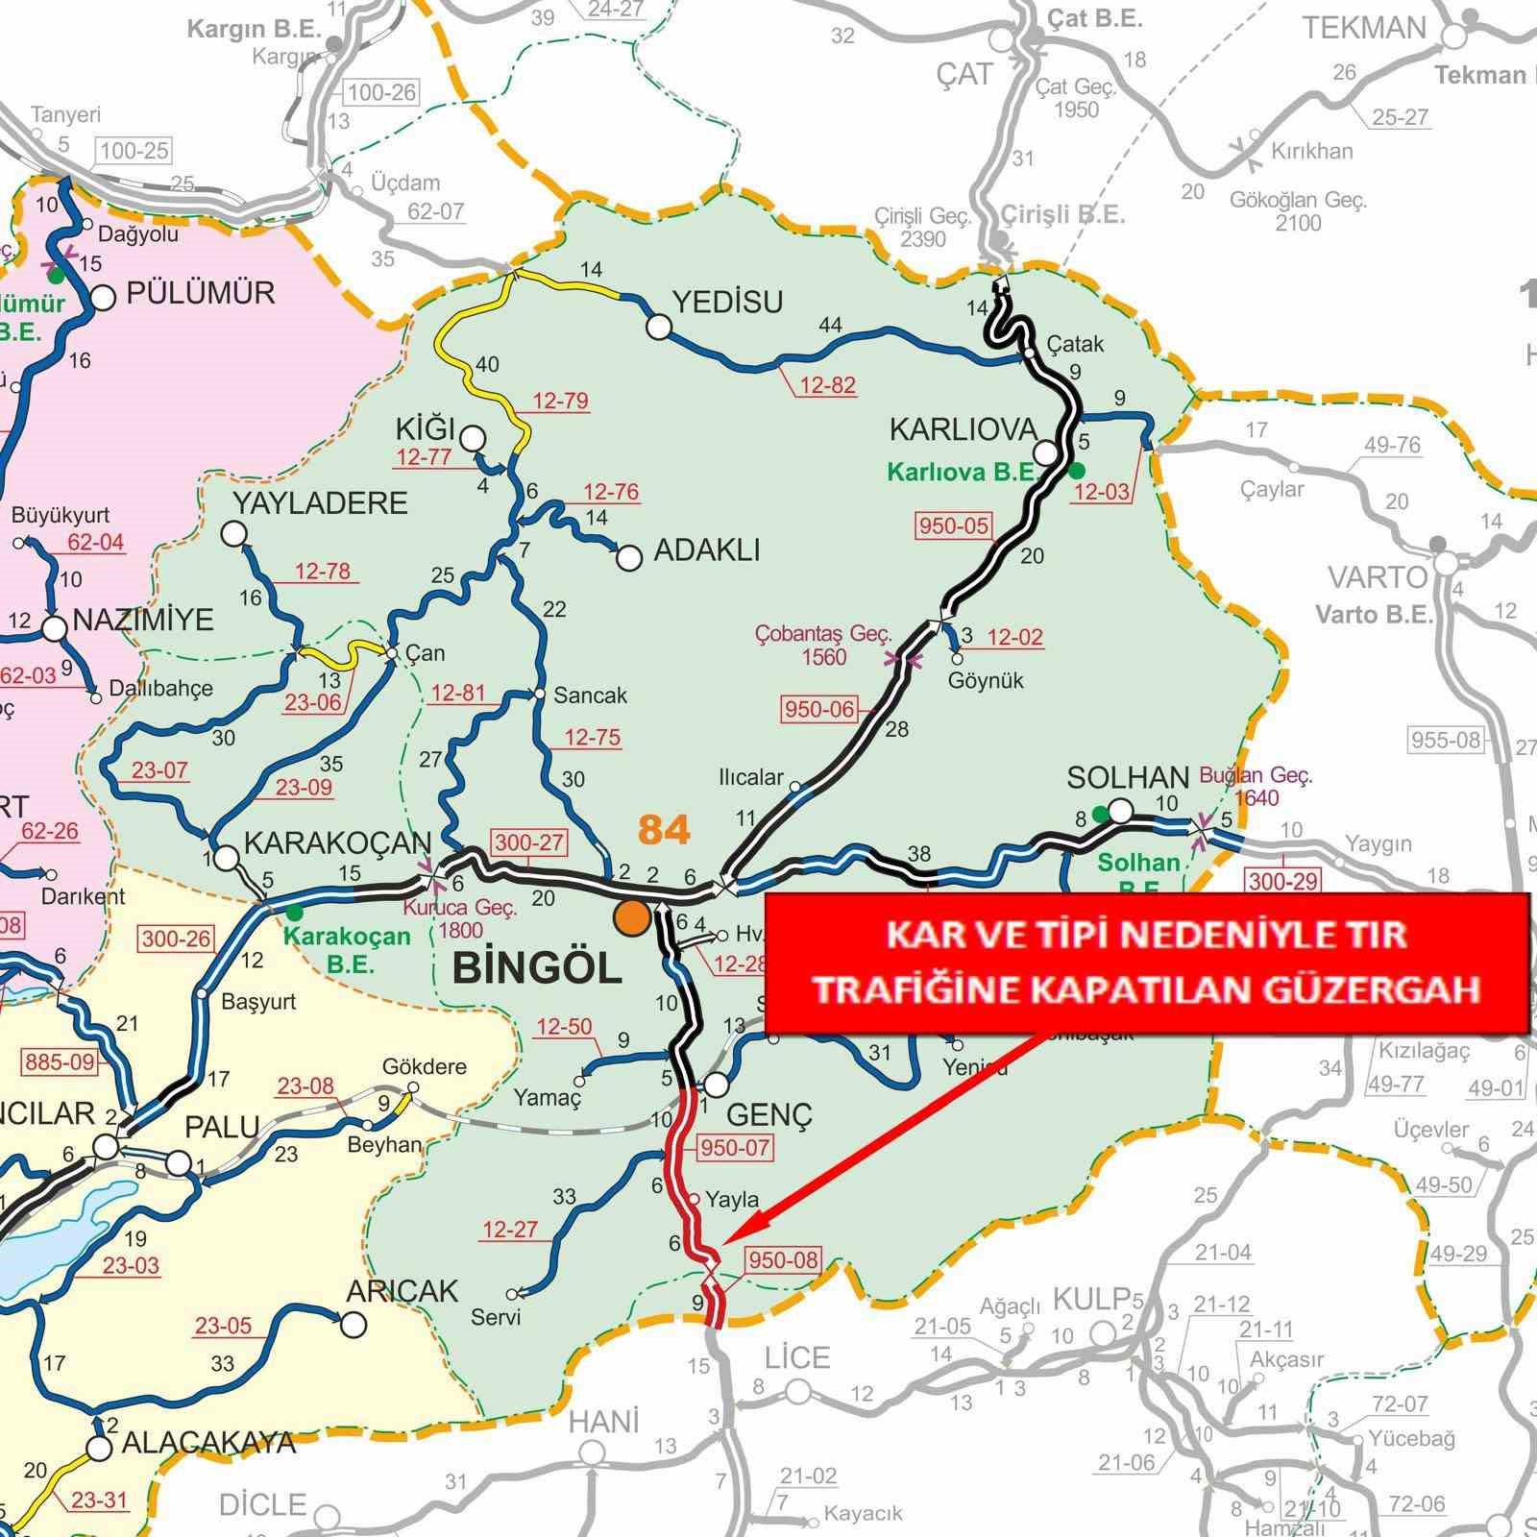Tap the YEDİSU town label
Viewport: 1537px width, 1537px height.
(727, 302)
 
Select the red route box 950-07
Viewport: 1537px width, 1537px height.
(736, 1147)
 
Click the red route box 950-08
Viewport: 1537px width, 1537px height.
(782, 1259)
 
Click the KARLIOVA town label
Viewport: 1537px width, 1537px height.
(964, 428)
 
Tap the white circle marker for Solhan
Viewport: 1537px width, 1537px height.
(1120, 811)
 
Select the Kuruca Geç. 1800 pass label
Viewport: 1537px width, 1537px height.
(461, 918)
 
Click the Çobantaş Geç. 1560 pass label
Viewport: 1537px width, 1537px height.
(823, 646)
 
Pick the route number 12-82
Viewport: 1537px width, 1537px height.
(827, 385)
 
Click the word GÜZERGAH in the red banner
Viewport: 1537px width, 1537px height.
(1372, 988)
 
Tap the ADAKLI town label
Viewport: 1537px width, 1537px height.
(706, 550)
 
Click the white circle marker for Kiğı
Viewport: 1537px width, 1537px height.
(472, 439)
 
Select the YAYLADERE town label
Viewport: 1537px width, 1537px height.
(320, 502)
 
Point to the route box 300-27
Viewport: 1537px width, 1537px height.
(529, 842)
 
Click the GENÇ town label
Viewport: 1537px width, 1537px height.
(769, 1114)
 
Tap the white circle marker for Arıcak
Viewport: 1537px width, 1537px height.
(354, 1326)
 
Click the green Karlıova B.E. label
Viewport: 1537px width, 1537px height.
(964, 473)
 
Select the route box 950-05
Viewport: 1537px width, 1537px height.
(954, 525)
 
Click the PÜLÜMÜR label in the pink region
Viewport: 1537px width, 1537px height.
(201, 292)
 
